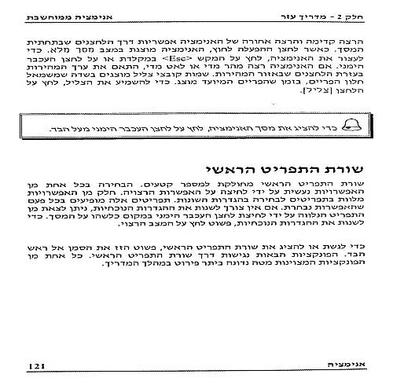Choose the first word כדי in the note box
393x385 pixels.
coord(324,125)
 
